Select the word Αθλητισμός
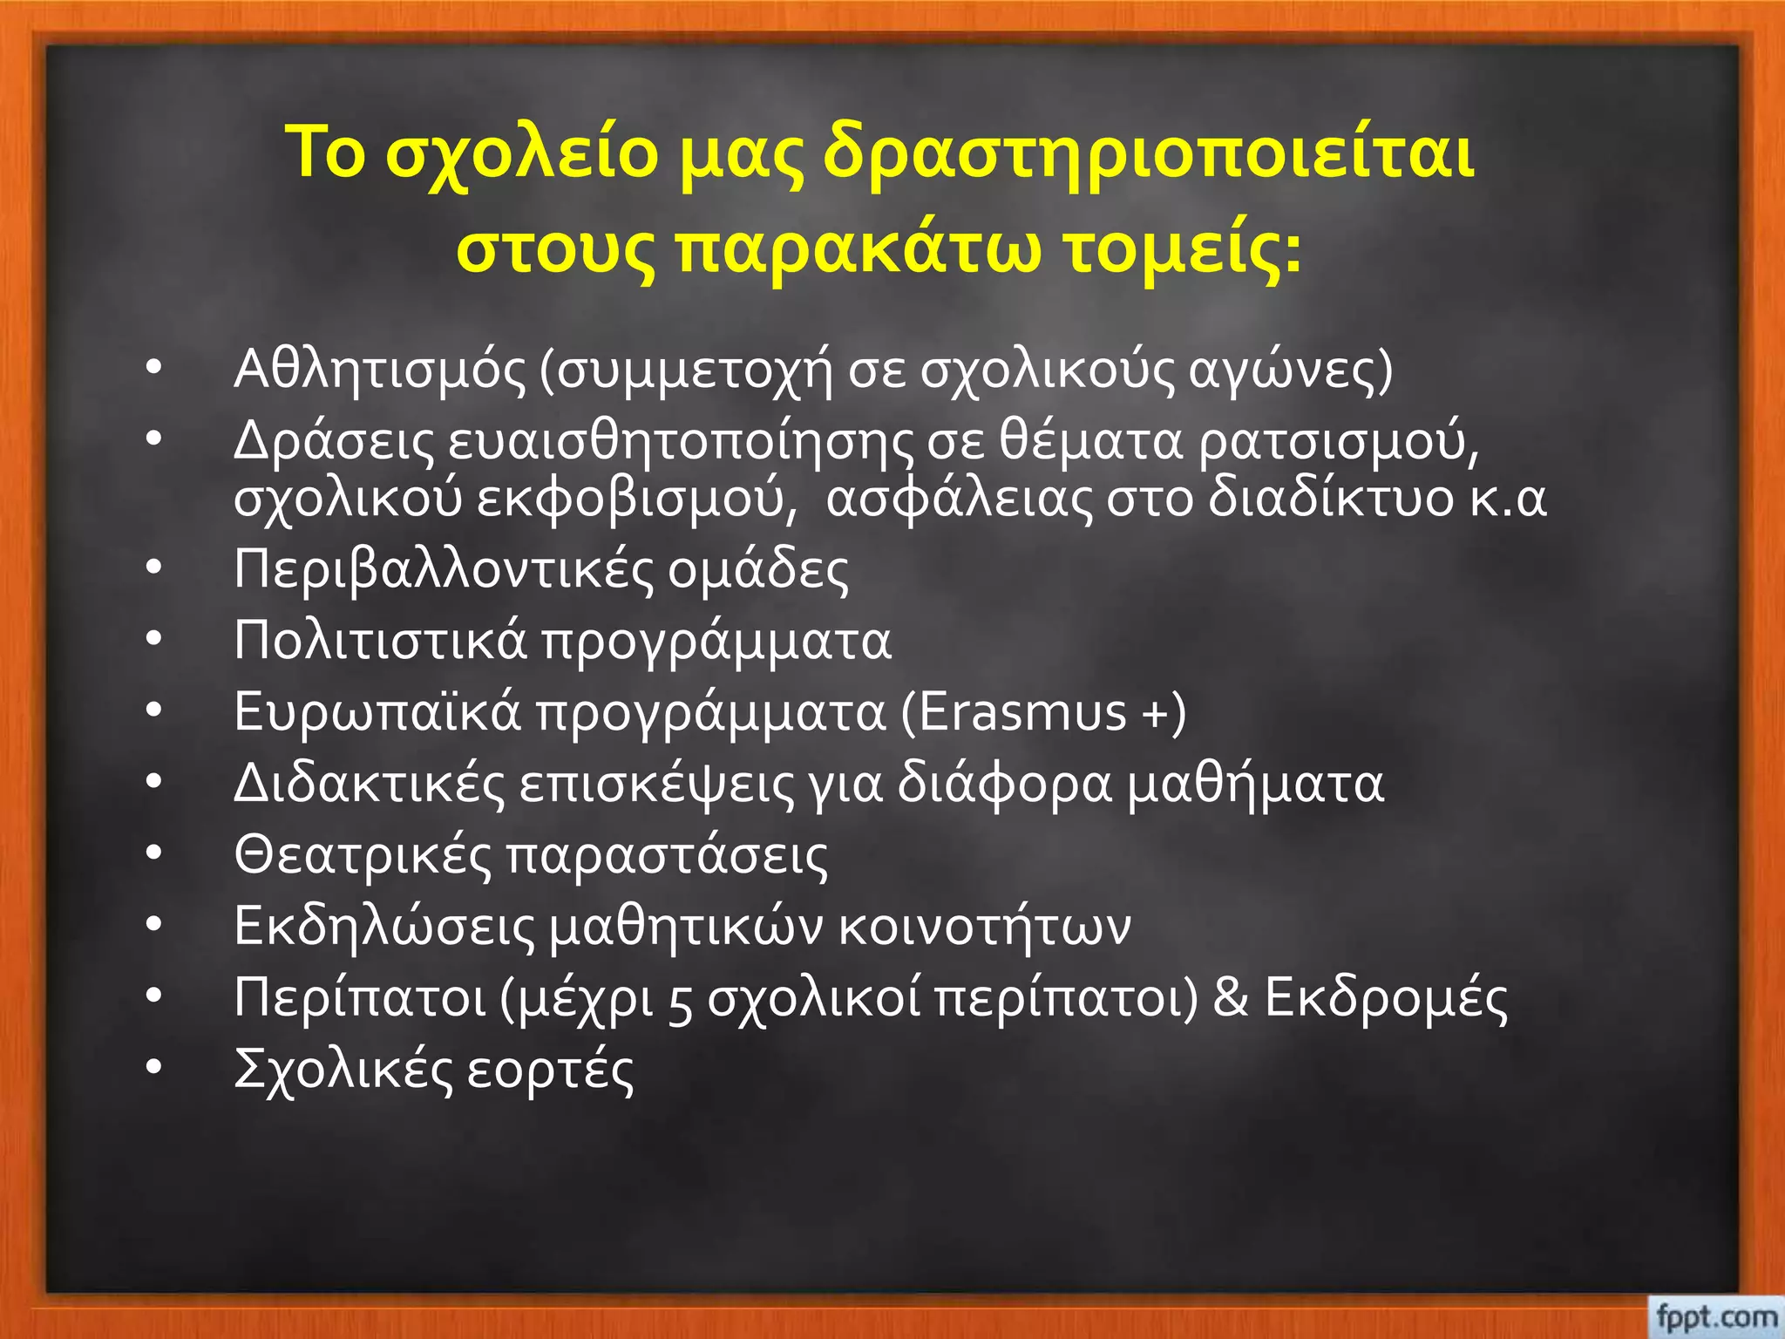click(380, 370)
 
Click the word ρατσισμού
click(1339, 442)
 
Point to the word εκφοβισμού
click(636, 500)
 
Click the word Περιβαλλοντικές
click(444, 571)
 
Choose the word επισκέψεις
click(657, 785)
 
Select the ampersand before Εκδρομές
click(1230, 997)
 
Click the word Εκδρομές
click(1386, 997)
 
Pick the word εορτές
click(550, 1070)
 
